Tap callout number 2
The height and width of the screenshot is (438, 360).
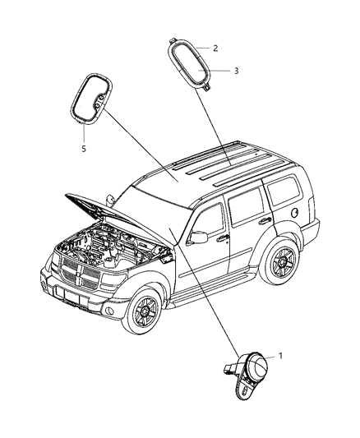click(215, 48)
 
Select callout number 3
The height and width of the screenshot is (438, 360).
click(236, 71)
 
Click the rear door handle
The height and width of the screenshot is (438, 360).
click(265, 221)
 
